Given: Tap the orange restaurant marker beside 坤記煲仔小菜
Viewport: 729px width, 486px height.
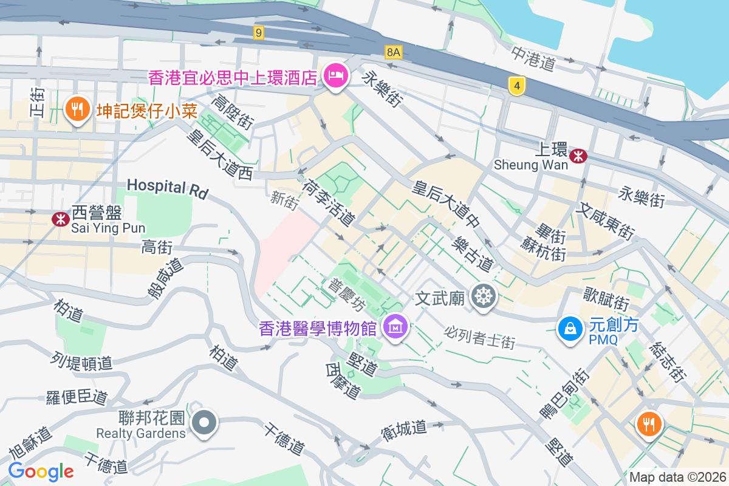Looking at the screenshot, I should [77, 110].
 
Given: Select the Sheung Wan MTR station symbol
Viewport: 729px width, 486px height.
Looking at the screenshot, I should [578, 156].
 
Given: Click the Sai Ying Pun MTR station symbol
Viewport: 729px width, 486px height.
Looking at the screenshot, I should [60, 219].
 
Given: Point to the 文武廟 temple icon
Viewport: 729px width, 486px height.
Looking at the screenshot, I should [484, 297].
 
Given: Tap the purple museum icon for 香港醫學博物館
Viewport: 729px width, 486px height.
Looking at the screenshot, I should [395, 328].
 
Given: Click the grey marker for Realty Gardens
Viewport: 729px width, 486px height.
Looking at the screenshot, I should [204, 422].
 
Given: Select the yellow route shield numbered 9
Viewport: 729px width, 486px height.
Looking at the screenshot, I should [259, 33].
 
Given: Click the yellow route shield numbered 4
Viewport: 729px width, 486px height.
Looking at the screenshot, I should [516, 86].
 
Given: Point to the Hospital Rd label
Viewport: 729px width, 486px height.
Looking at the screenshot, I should [168, 188].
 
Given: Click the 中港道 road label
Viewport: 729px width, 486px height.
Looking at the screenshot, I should [534, 58].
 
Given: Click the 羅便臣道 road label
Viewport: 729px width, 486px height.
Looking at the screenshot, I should [77, 397].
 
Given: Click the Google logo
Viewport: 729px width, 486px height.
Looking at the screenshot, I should [41, 471].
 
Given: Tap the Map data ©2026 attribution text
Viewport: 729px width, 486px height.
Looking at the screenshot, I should [677, 477].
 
